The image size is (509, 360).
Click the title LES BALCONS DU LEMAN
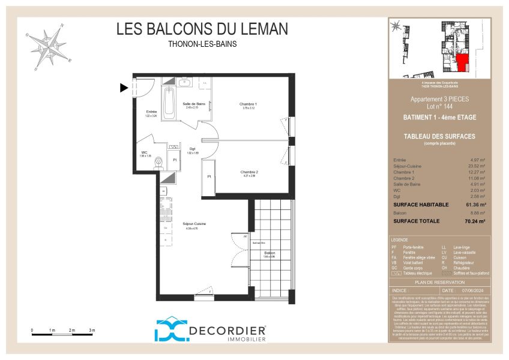(x=202, y=29)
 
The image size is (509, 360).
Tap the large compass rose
(x=51, y=45)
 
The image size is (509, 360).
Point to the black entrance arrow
(x=124, y=88)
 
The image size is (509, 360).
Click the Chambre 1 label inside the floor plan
(x=248, y=104)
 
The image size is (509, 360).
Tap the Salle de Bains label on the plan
(x=191, y=103)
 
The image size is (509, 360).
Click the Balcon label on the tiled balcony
(x=270, y=253)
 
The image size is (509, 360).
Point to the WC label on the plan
(x=145, y=152)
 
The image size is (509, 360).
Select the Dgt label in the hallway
(x=193, y=149)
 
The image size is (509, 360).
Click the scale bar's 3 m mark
(x=91, y=331)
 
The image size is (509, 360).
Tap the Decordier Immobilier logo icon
(x=170, y=330)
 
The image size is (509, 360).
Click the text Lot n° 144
(x=439, y=106)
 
